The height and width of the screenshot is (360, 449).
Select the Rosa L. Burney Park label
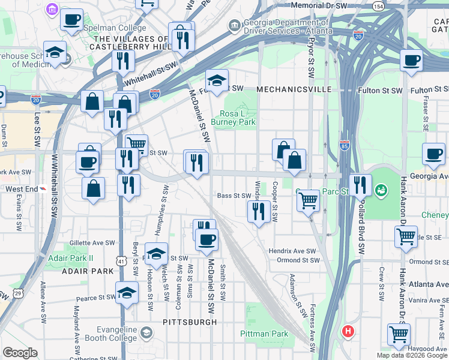click(238, 118)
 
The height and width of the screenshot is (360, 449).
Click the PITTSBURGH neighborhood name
click(190, 322)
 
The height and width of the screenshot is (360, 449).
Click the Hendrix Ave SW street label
click(292, 251)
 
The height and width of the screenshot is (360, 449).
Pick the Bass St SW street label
click(234, 196)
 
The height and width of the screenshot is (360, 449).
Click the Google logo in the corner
click(20, 353)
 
